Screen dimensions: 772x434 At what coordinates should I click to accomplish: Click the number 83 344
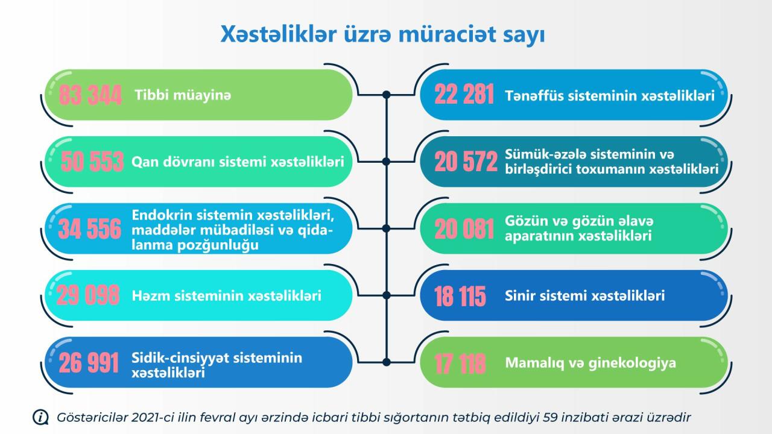(x=90, y=95)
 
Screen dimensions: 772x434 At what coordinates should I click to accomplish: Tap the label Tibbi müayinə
(x=183, y=95)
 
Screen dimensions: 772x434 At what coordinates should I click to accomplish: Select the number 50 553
(x=92, y=162)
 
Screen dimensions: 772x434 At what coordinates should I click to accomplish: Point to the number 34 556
(x=90, y=228)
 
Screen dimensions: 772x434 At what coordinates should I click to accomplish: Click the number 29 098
(x=88, y=295)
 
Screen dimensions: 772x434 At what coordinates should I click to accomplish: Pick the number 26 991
(x=89, y=363)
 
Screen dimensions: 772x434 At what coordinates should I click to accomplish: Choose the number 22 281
(x=464, y=95)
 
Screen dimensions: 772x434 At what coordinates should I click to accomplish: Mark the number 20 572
(x=466, y=162)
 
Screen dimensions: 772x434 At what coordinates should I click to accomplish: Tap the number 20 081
(x=464, y=228)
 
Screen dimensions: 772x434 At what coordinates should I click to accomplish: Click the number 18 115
(x=460, y=296)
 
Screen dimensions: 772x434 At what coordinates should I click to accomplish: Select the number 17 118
(x=460, y=363)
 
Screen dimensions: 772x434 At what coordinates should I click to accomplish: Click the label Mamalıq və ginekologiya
(x=590, y=363)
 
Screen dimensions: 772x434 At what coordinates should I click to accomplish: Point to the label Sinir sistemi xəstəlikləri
(x=584, y=295)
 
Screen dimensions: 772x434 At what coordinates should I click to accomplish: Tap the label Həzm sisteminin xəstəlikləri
(x=226, y=295)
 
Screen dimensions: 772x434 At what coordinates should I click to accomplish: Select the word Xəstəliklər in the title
(x=279, y=34)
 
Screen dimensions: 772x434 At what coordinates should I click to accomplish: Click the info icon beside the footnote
(x=40, y=418)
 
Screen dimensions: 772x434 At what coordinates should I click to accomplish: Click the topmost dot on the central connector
(x=387, y=95)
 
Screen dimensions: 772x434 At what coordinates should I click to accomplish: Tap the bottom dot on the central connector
(x=387, y=362)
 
